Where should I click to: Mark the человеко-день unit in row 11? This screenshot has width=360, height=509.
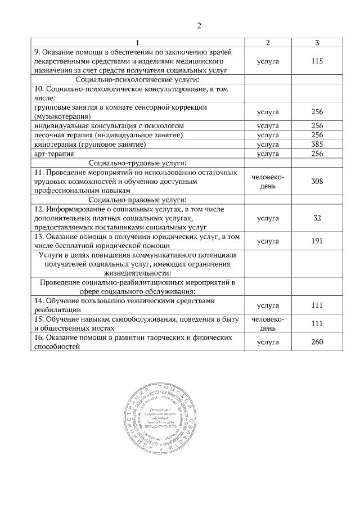pyautogui.click(x=268, y=181)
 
